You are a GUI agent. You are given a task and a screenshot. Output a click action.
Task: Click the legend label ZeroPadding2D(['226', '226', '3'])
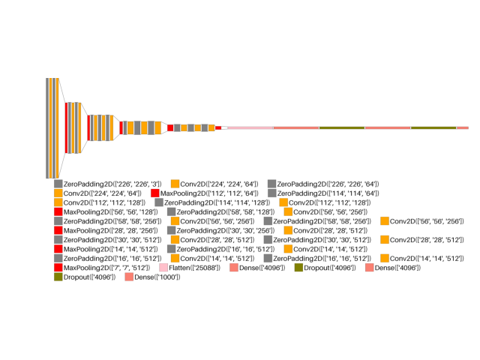tap(112, 184)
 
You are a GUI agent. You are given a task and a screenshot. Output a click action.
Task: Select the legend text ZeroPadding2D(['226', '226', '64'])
tap(328, 184)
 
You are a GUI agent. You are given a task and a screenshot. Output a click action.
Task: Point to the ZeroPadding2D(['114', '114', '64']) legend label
tap(328, 193)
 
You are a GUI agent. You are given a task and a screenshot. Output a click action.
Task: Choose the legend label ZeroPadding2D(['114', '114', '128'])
tap(217, 202)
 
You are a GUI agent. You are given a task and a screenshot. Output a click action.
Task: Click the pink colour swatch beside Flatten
tap(164, 268)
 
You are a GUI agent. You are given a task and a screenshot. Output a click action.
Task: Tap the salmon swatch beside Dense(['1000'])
tap(129, 277)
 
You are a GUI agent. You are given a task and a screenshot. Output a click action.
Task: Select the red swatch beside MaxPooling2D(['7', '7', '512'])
tap(58, 268)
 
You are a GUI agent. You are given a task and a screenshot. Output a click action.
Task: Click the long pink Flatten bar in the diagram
tap(249, 128)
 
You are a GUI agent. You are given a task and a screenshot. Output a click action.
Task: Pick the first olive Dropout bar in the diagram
tap(342, 128)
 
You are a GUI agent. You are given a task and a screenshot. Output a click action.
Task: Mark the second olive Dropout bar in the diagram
tap(433, 128)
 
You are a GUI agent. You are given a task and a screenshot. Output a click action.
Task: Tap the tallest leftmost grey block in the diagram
tap(47, 127)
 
